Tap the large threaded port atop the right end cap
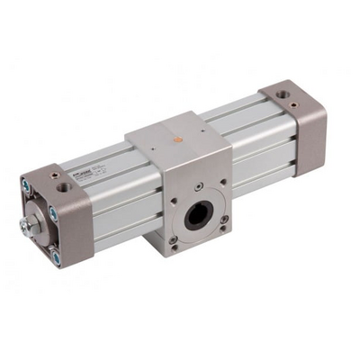[284, 93]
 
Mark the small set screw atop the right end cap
[270, 87]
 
